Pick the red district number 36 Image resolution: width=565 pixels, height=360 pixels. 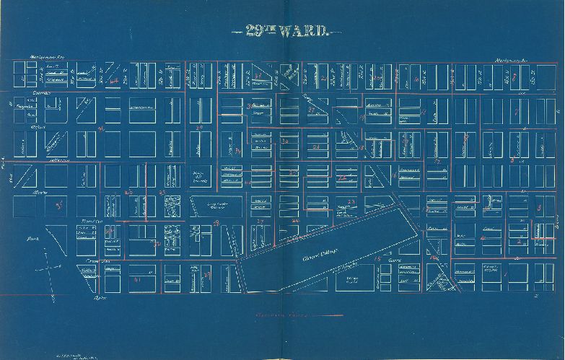point(102,129)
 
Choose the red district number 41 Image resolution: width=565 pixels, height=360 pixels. point(137,278)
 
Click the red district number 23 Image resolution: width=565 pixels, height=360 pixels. point(351,201)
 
